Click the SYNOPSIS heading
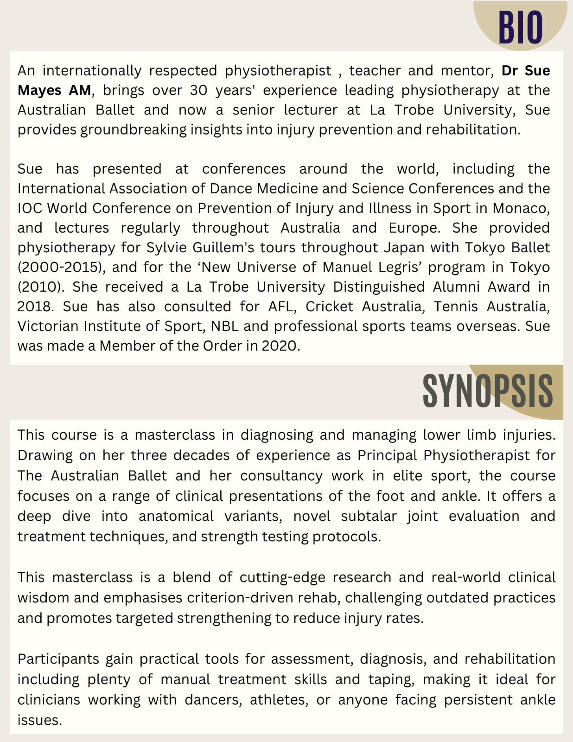click(x=488, y=391)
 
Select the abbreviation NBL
click(x=225, y=326)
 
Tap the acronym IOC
click(x=30, y=208)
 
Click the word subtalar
click(x=369, y=516)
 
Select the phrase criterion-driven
click(x=239, y=598)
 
